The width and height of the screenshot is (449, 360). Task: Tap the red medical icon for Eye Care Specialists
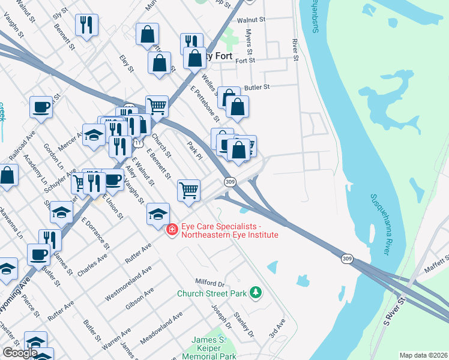click(172, 230)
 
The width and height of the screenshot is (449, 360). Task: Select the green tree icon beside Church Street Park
click(256, 292)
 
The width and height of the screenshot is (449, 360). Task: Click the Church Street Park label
click(212, 293)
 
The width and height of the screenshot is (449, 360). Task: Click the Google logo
click(20, 353)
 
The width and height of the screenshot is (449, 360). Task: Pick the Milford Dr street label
click(209, 282)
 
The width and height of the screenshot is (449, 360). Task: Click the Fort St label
click(246, 61)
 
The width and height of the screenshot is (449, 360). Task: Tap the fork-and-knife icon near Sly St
click(86, 25)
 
